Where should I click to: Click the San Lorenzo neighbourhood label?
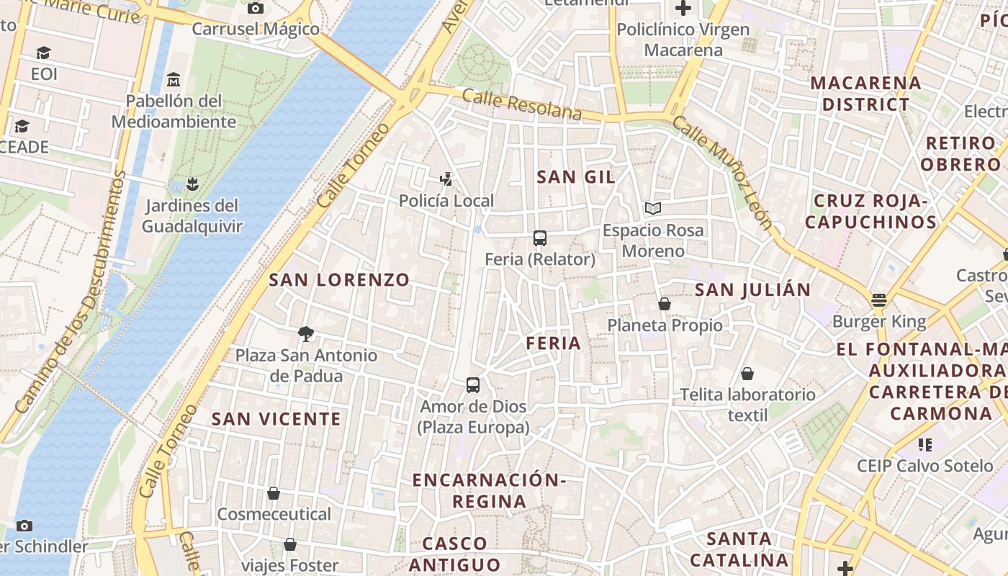pyautogui.click(x=339, y=280)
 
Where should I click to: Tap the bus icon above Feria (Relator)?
pyautogui.click(x=540, y=238)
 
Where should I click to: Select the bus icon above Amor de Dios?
pyautogui.click(x=473, y=385)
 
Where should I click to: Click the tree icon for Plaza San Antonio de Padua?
pyautogui.click(x=306, y=334)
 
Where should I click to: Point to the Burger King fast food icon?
pyautogui.click(x=878, y=300)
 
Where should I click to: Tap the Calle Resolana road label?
pyautogui.click(x=522, y=105)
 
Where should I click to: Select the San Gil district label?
pyautogui.click(x=576, y=177)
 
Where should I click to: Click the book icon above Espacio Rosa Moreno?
pyautogui.click(x=653, y=209)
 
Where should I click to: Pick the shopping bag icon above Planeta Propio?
pyautogui.click(x=665, y=305)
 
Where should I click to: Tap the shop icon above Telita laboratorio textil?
pyautogui.click(x=747, y=374)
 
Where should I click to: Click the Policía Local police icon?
pyautogui.click(x=446, y=179)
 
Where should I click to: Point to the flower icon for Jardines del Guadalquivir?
pyautogui.click(x=192, y=184)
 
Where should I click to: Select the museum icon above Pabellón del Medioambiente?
pyautogui.click(x=173, y=79)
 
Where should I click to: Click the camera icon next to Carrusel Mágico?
pyautogui.click(x=255, y=9)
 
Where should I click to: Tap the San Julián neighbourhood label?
pyautogui.click(x=752, y=290)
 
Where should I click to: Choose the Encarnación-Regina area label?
pyautogui.click(x=490, y=490)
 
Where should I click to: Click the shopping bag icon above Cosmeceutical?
pyautogui.click(x=274, y=493)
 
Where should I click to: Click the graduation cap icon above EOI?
pyautogui.click(x=44, y=53)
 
